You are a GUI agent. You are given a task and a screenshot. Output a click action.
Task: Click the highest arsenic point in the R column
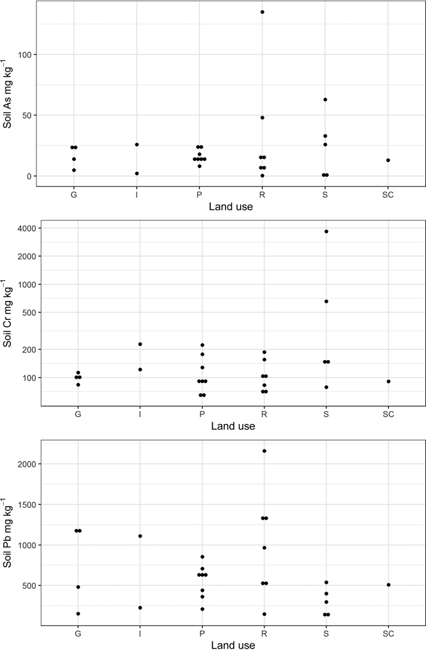click(262, 12)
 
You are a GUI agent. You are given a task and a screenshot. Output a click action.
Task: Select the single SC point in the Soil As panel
click(388, 160)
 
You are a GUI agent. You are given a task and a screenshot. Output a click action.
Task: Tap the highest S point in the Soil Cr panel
click(326, 231)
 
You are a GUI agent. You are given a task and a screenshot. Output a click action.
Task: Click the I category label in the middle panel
click(140, 414)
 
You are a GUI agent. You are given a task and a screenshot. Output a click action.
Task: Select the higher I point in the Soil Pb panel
click(140, 536)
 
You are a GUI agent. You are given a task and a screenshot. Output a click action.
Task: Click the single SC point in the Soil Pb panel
click(388, 585)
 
